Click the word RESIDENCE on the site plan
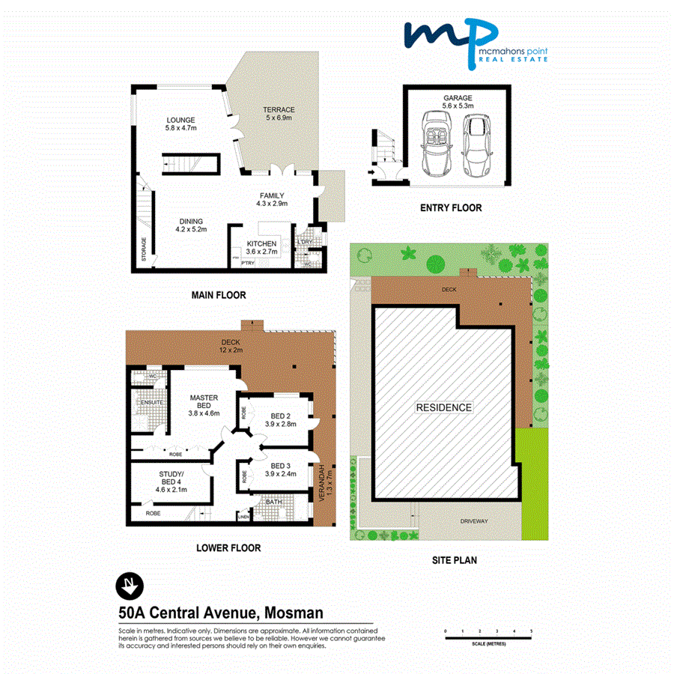point(445,407)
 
